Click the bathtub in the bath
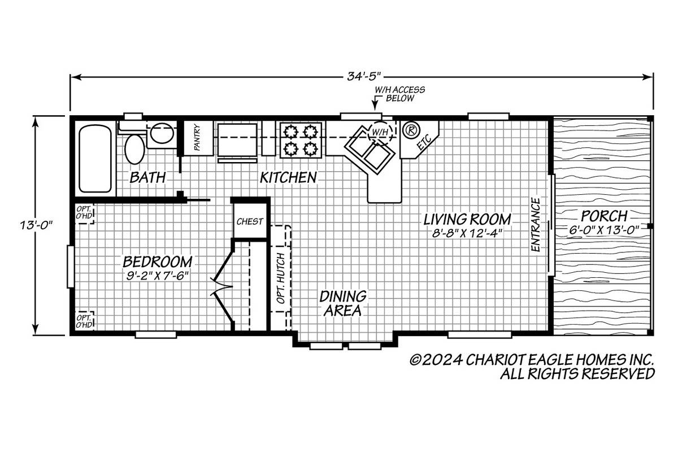click(95, 159)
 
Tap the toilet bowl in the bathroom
click(134, 150)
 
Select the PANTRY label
click(197, 138)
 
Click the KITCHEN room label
click(288, 177)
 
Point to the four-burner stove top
click(301, 140)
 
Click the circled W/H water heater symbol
click(380, 132)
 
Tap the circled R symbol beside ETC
click(411, 130)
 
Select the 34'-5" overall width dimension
click(363, 77)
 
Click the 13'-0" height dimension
click(36, 225)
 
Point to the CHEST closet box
click(250, 221)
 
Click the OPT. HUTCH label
click(281, 278)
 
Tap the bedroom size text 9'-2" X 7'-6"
click(158, 276)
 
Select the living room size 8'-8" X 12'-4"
click(467, 233)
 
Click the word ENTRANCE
click(536, 224)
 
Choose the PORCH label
click(604, 216)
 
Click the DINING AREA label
click(343, 303)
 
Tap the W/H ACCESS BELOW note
click(400, 94)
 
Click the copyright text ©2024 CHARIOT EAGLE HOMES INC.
click(532, 360)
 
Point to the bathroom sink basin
click(162, 133)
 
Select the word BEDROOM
click(158, 261)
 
